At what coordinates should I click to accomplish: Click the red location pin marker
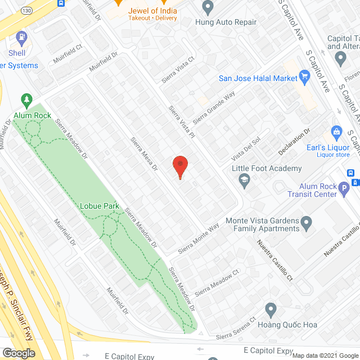click(x=179, y=166)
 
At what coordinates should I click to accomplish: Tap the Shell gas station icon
click(x=22, y=39)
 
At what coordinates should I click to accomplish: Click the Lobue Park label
click(x=99, y=206)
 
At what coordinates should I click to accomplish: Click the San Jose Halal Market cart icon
click(x=305, y=78)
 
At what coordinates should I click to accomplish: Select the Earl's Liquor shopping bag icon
click(x=337, y=133)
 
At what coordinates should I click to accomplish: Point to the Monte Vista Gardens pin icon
click(x=307, y=224)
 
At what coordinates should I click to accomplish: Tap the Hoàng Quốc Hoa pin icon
click(x=271, y=309)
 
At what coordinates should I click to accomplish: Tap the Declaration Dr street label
click(x=295, y=142)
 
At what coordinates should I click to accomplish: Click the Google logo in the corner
click(x=19, y=353)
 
